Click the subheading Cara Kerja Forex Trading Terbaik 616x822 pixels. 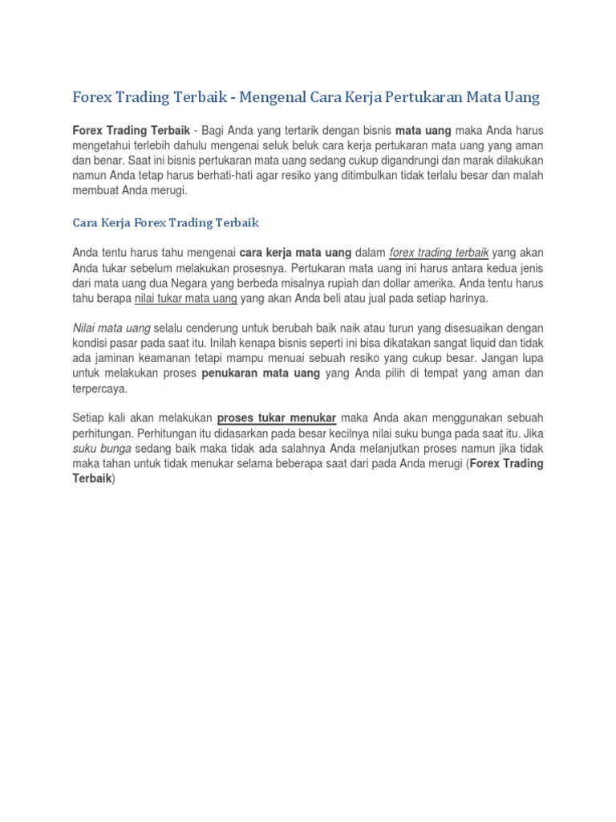166,222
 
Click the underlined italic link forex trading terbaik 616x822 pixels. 439,253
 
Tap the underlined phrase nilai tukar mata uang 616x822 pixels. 185,299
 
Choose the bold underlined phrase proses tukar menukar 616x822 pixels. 277,418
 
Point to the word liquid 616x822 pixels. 475,344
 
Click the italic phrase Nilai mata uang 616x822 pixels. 111,329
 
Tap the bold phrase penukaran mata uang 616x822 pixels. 261,374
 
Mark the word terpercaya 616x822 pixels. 99,389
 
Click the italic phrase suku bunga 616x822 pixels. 103,449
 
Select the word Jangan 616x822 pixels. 498,359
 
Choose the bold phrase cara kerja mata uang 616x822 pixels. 296,253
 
